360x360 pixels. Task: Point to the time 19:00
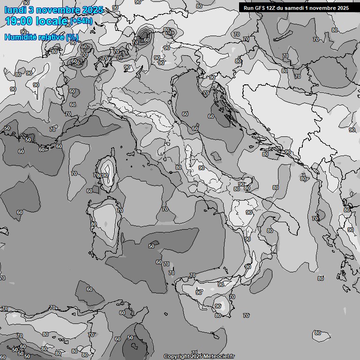pos(18,21)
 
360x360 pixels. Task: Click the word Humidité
pos(20,37)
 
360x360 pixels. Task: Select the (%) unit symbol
pos(72,37)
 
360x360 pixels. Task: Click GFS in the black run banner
pos(261,7)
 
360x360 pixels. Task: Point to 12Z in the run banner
pos(273,7)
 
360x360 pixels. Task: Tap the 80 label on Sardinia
pos(94,224)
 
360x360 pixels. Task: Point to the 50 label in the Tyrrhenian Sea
pos(151,246)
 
